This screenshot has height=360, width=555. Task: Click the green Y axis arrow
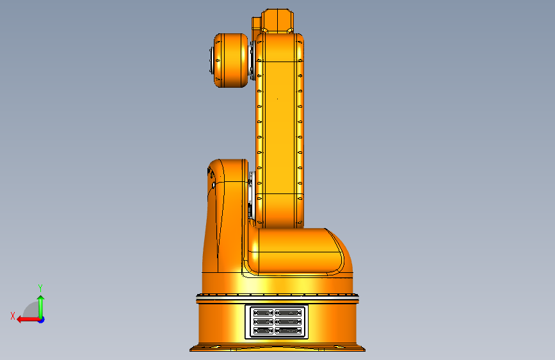click(x=40, y=305)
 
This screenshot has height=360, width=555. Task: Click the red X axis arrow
click(x=27, y=319)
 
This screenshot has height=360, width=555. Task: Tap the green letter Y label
click(x=40, y=288)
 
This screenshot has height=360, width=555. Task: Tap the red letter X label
click(x=13, y=316)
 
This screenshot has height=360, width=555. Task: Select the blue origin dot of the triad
click(x=41, y=319)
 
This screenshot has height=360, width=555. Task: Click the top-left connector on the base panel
click(x=262, y=313)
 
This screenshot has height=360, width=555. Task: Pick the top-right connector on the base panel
click(x=287, y=313)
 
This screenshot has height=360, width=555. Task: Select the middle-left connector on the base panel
click(x=262, y=322)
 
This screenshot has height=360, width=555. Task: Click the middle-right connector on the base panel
click(x=287, y=322)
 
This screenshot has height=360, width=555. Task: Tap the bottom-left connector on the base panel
click(x=262, y=331)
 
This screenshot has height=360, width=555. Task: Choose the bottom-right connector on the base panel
click(x=287, y=331)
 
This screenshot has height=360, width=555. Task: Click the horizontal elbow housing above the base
click(x=294, y=250)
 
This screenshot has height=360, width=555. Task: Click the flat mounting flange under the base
click(x=278, y=348)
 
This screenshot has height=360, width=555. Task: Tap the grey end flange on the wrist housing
click(x=210, y=60)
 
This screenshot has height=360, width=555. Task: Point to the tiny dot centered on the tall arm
click(x=277, y=99)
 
